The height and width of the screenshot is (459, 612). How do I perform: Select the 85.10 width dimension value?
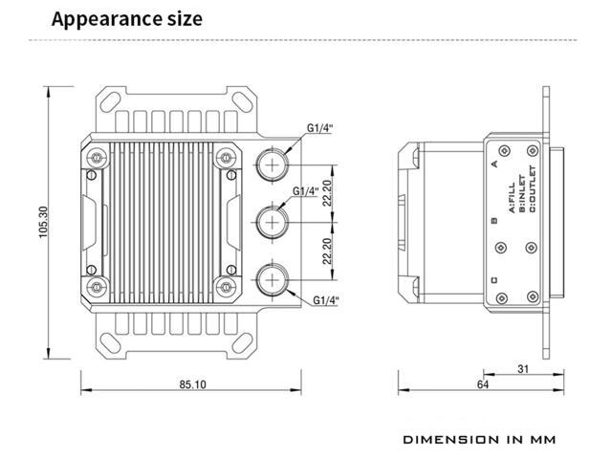[x=191, y=384]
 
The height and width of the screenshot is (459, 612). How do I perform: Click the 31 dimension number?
[x=523, y=368]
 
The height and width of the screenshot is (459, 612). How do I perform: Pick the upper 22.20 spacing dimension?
[x=327, y=194]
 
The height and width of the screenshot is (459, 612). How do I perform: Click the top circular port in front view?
[x=273, y=165]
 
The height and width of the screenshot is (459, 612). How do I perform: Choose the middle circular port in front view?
[x=273, y=224]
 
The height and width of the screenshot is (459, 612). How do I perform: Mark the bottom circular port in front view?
[x=273, y=282]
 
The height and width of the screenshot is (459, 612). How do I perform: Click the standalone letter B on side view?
[x=493, y=222]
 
